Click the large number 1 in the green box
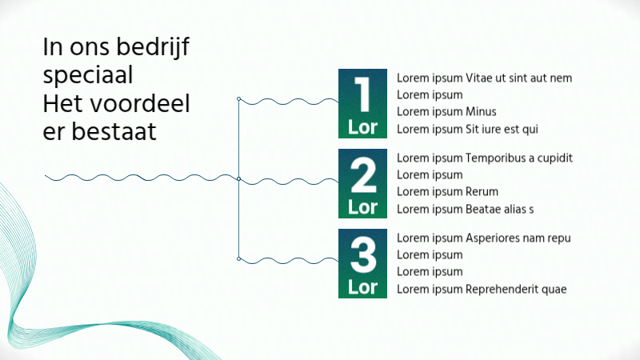[362, 95]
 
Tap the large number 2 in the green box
[363, 176]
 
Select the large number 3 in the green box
[363, 255]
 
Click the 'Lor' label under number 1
[362, 127]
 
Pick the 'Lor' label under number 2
[362, 207]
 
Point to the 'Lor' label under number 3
[362, 286]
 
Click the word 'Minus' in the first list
[481, 112]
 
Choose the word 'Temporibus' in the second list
[495, 158]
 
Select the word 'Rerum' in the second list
[482, 192]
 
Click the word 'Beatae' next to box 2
[484, 209]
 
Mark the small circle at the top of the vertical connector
[239, 99]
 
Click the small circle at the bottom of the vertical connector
[239, 258]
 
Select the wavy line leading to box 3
[288, 260]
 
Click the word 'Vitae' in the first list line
[479, 78]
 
